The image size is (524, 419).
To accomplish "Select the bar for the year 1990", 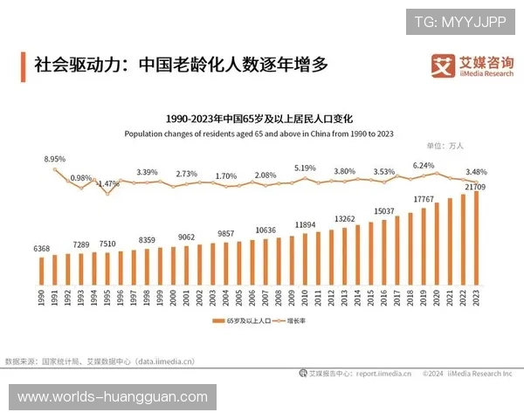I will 41,271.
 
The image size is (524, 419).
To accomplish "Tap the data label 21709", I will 476,187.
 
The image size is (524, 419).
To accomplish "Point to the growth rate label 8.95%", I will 55,160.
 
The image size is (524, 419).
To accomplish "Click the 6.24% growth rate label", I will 424,166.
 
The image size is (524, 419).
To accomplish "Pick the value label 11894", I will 305,225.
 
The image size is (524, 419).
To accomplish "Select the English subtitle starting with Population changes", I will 259,134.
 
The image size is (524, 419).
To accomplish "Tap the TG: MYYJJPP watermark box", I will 459,20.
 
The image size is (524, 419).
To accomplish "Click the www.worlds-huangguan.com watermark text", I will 112,397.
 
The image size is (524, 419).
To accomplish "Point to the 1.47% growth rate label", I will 107,184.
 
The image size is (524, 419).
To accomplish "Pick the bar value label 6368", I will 42,249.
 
